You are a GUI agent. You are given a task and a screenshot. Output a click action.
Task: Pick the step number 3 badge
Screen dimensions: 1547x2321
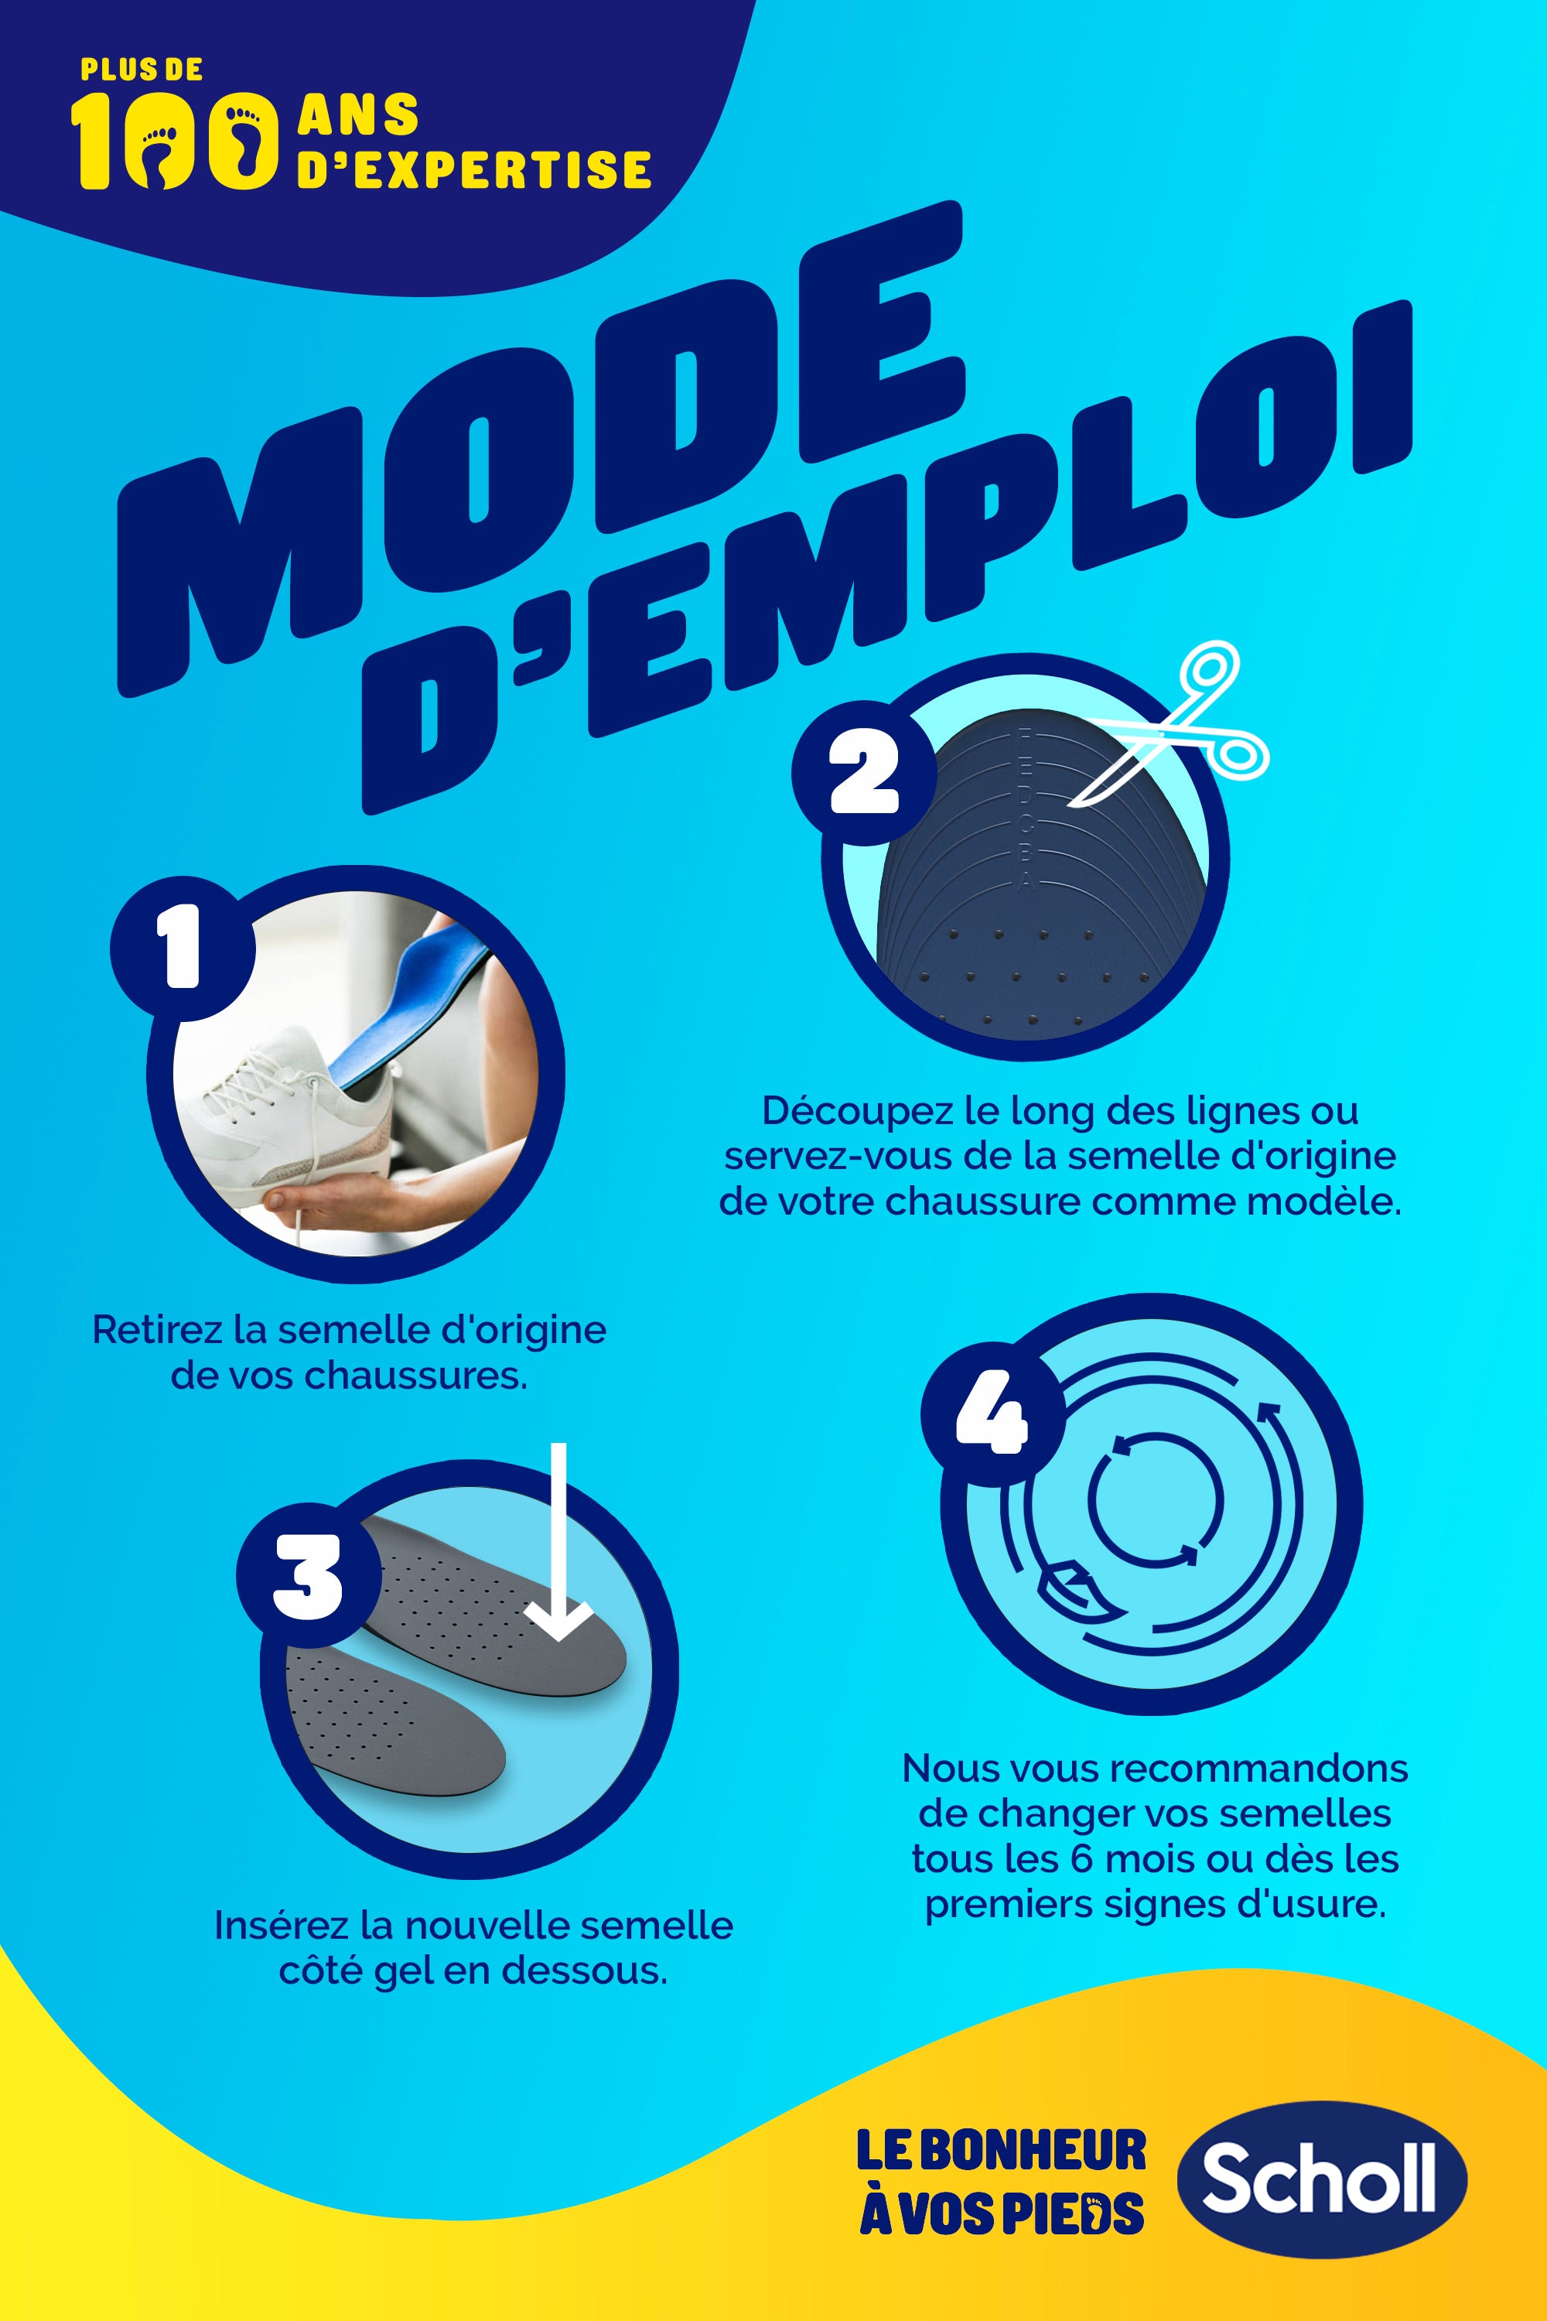pos(309,1576)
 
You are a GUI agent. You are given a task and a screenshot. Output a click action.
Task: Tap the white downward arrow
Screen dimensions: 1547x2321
pos(559,1540)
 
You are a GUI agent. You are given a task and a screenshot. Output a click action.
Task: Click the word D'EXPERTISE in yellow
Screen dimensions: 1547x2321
pos(475,169)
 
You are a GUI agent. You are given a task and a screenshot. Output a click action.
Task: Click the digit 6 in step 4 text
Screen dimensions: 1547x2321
pos(1081,1859)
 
